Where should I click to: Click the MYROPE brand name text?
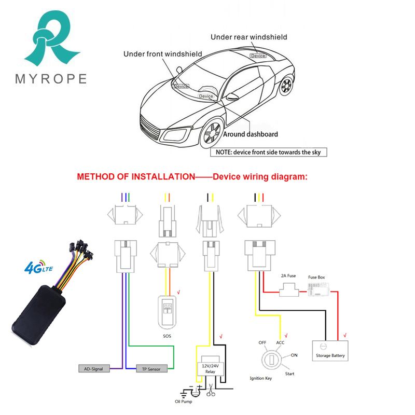coord(50,79)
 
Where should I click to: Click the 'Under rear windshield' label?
coord(248,37)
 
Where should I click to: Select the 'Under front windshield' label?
coord(162,54)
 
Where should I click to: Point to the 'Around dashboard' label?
coord(250,134)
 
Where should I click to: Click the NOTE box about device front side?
coord(268,153)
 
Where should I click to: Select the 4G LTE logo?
coord(39,268)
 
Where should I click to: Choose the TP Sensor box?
coord(151,369)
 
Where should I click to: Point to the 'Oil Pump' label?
coord(184,400)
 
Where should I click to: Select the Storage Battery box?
coord(330,351)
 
